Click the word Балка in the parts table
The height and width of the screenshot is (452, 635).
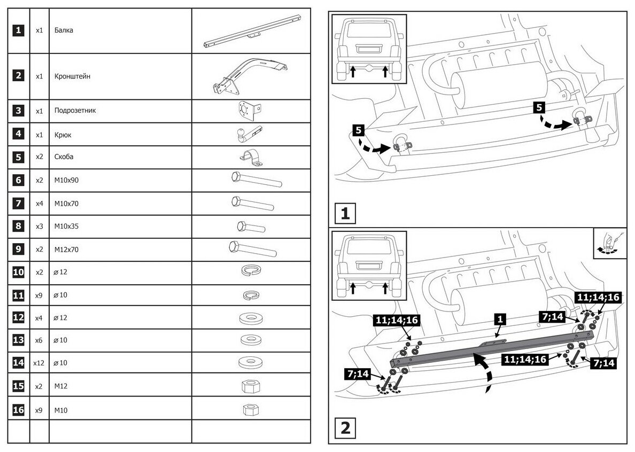[64, 30]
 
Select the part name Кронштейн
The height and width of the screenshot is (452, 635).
[72, 76]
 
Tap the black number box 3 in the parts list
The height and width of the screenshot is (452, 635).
[19, 111]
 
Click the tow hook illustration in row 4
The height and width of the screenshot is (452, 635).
[248, 134]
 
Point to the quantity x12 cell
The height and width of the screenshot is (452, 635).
[38, 363]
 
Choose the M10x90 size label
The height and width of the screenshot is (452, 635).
[66, 181]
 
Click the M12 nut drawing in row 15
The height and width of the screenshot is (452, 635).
[251, 385]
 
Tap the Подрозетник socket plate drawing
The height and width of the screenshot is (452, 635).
[247, 111]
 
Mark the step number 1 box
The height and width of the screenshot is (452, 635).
[345, 214]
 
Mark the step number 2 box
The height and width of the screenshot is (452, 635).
[345, 428]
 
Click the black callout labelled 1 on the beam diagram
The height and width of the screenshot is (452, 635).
[499, 319]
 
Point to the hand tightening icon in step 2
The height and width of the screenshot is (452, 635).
[609, 244]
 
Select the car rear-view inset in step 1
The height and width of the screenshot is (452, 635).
[369, 49]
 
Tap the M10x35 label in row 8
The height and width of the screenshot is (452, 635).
[66, 227]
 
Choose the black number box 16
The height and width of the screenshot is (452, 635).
[19, 410]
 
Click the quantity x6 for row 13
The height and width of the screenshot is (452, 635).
[38, 340]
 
